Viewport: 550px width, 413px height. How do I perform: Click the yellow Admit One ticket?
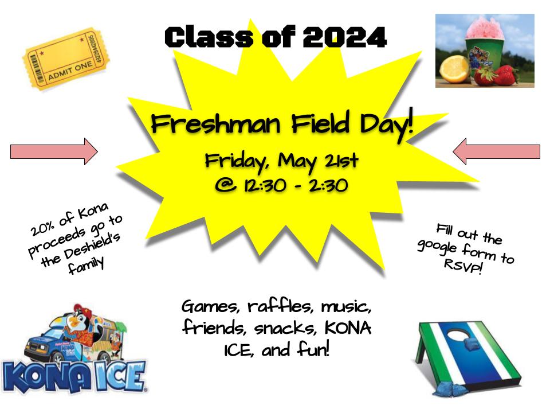tap(66, 59)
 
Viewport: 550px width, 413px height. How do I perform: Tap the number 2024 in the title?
tap(344, 37)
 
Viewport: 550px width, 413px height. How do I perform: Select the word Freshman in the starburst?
tap(216, 124)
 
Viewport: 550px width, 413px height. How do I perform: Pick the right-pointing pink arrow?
tap(54, 151)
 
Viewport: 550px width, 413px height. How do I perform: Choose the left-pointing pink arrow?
tap(496, 151)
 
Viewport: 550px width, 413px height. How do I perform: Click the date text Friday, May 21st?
tap(282, 162)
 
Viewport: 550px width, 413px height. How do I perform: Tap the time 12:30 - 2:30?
tap(296, 185)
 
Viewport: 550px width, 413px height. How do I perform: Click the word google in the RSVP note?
tap(437, 246)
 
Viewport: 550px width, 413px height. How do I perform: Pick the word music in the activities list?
tap(346, 306)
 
